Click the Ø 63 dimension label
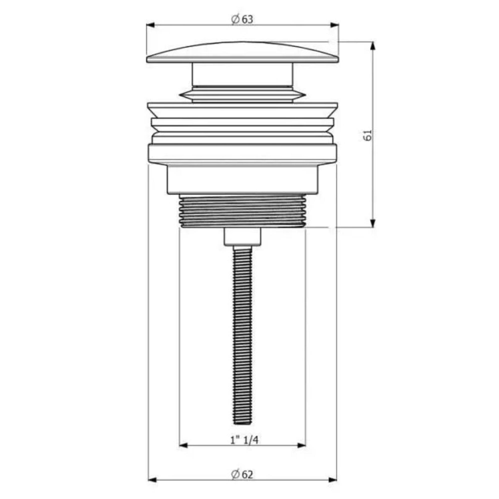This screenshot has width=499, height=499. pyautogui.click(x=242, y=19)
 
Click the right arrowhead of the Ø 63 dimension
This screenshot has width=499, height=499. pyautogui.click(x=335, y=25)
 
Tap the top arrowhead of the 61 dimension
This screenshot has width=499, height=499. pyautogui.click(x=372, y=46)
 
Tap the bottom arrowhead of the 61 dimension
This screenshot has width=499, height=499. pyautogui.click(x=372, y=223)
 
